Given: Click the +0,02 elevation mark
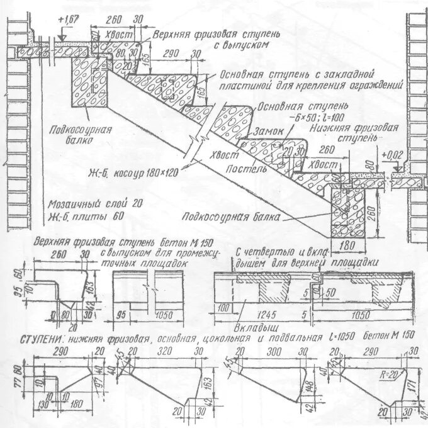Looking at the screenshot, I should click(390, 154).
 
